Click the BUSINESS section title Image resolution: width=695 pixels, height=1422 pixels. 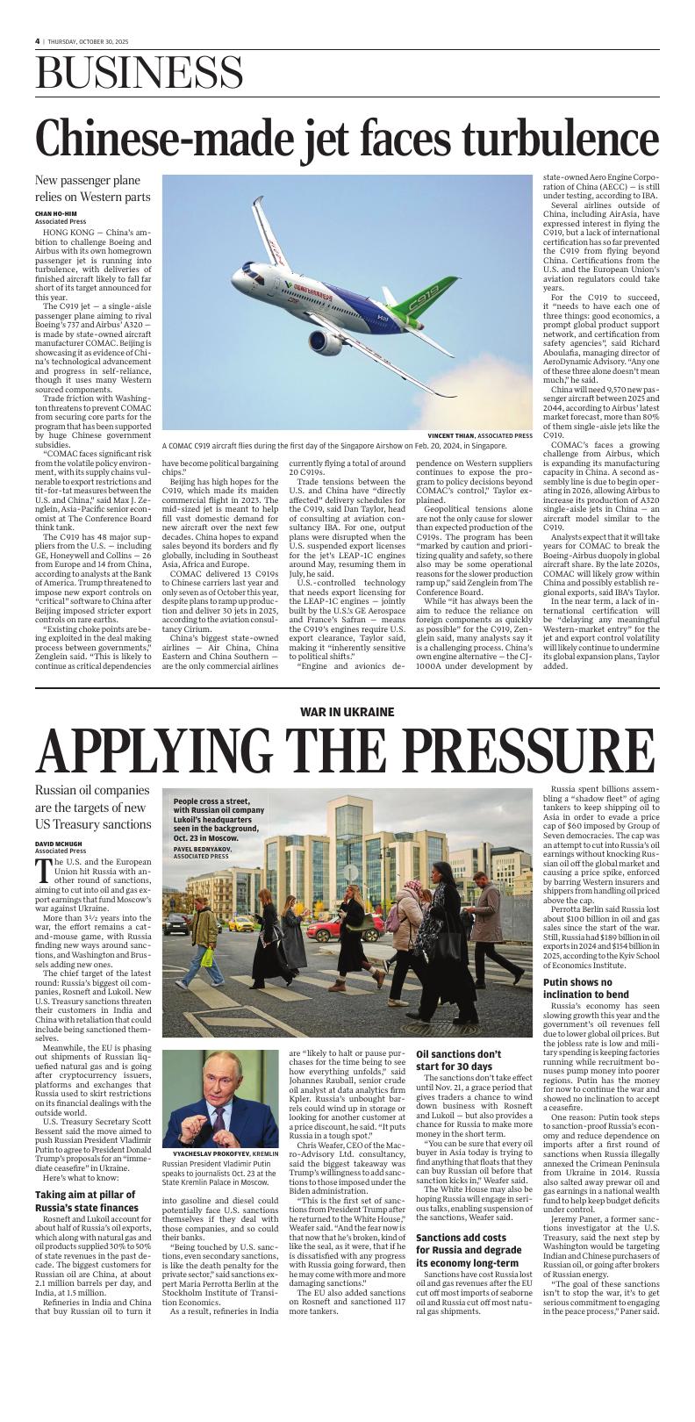click(140, 73)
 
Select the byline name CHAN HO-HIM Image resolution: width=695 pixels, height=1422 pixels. click(56, 213)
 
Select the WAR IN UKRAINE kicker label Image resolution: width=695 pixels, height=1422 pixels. click(347, 712)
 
